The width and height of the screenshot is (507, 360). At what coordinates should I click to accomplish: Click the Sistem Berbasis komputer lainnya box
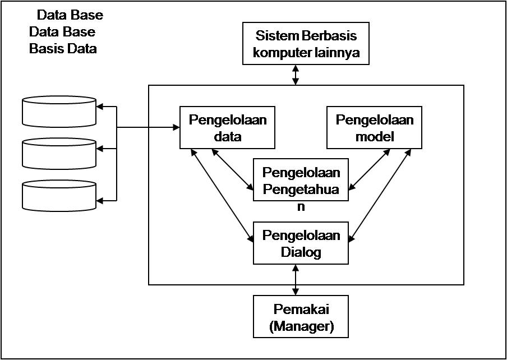pos(306,44)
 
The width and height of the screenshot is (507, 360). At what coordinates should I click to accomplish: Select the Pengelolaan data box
pos(227,127)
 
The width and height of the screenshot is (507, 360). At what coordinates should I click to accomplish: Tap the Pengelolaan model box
pos(374,127)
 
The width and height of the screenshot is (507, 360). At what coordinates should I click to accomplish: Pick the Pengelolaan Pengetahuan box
pos(301,179)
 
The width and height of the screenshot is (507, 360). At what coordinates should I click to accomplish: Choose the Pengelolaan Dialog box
pos(301,243)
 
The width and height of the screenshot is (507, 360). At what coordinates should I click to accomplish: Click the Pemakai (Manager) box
pos(301,317)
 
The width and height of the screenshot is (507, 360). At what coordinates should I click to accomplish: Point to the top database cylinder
pos(59,110)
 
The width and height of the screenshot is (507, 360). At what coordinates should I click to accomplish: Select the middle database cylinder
pos(59,153)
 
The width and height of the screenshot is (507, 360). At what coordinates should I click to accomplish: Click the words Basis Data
pos(63,49)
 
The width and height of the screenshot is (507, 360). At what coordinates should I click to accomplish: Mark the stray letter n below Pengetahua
pos(301,206)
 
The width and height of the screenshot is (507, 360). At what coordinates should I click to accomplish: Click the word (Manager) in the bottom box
pos(301,326)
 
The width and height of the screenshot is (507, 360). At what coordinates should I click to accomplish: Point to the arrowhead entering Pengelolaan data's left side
pos(175,127)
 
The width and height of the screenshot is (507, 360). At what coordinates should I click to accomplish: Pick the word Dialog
pos(301,252)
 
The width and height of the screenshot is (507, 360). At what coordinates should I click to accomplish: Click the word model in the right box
pos(374,136)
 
